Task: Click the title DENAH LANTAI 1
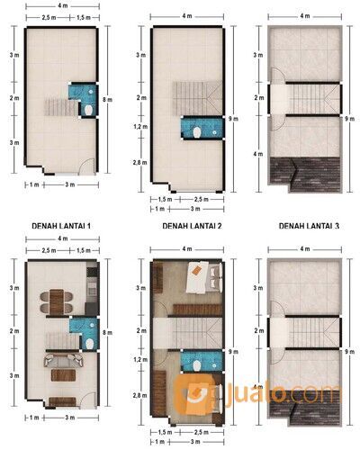pos(60,226)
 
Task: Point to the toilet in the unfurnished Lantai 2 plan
pos(197,132)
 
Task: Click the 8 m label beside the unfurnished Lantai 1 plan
pos(107,99)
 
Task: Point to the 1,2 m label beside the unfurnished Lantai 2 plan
pos(139,129)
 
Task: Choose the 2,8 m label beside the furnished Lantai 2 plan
pos(139,396)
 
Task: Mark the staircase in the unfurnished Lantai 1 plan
pos(59,108)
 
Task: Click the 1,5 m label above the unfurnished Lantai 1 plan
pos(83,18)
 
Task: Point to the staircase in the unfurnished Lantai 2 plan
pos(190,94)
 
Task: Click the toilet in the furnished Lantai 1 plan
pos(88,343)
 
